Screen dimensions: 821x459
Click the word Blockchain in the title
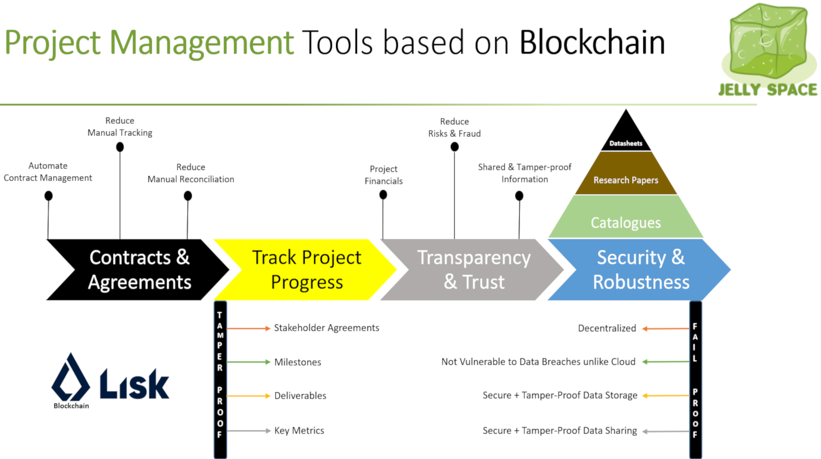tap(592, 42)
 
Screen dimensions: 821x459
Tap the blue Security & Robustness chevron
tap(639, 270)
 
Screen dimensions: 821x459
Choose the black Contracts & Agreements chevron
tap(138, 270)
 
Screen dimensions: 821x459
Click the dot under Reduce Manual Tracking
tap(120, 147)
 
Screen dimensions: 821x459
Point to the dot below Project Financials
tap(383, 195)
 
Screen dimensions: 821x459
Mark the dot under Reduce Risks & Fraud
tap(455, 147)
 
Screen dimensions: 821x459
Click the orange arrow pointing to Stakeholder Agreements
tap(248, 328)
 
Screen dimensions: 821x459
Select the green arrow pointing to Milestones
tap(248, 362)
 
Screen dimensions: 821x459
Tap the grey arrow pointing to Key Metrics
tap(248, 431)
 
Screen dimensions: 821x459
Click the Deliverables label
tap(300, 396)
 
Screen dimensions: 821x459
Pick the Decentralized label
tap(607, 328)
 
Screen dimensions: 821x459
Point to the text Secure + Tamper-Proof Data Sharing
tap(560, 431)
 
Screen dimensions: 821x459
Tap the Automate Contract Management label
tap(48, 172)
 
